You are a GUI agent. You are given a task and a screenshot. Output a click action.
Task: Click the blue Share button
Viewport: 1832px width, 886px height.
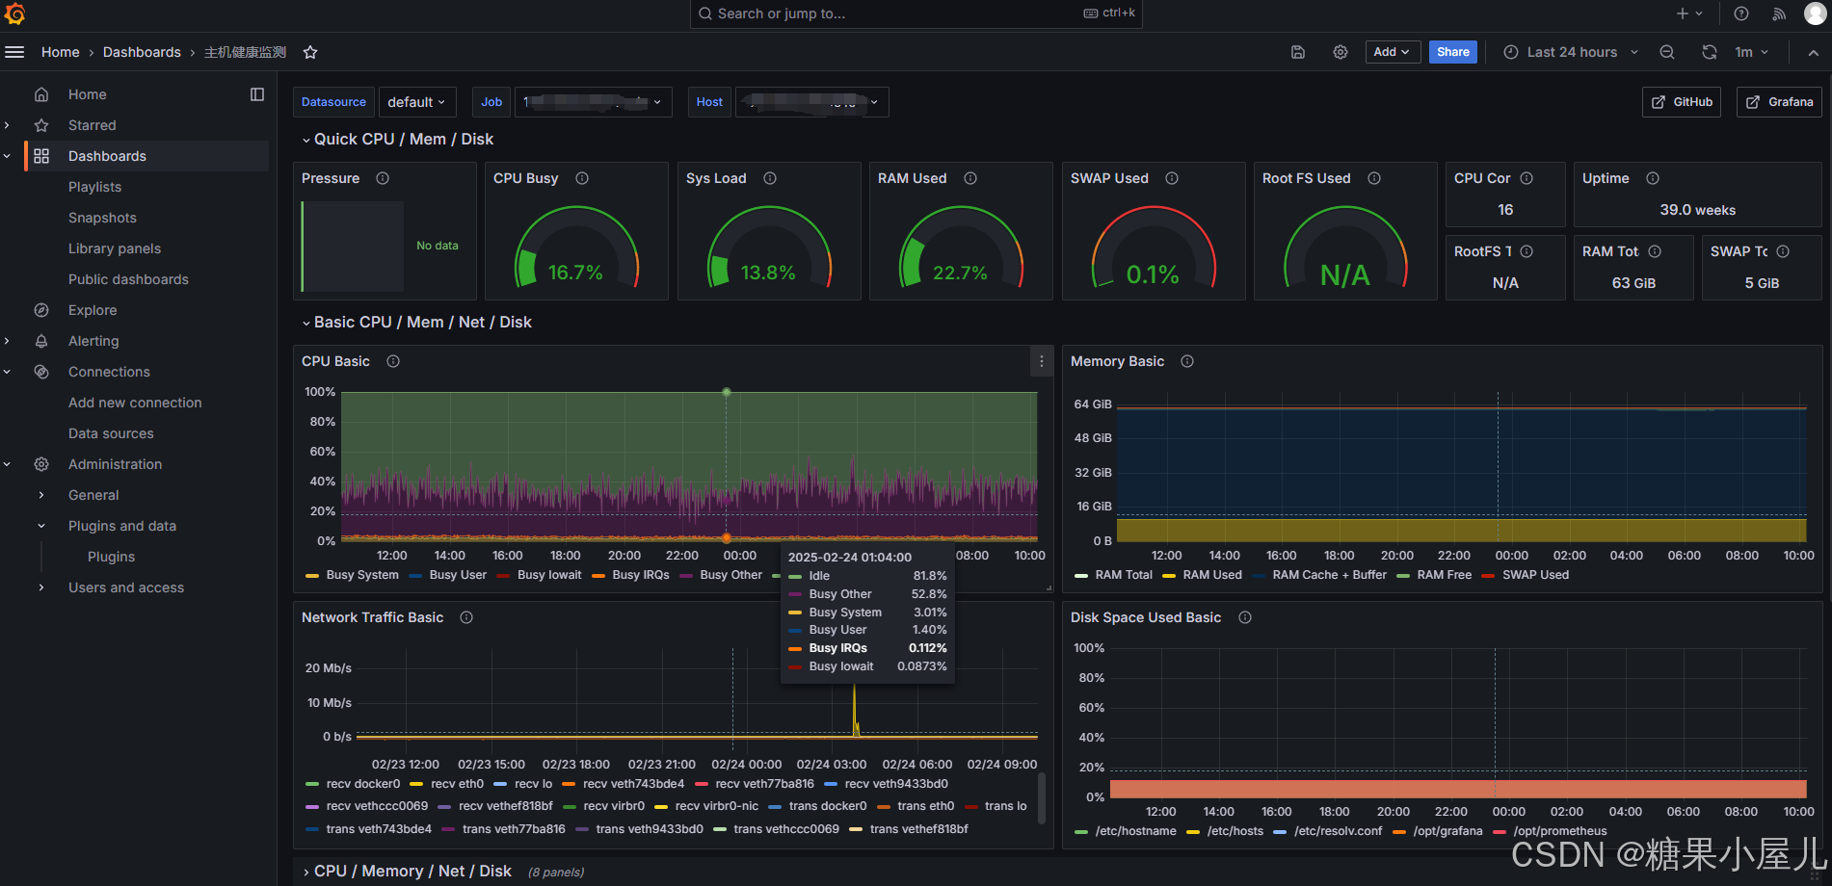[1452, 52]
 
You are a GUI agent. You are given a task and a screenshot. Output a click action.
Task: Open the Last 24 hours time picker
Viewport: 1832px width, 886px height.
[1571, 52]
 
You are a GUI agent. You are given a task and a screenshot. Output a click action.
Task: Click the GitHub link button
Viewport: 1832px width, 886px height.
[1682, 102]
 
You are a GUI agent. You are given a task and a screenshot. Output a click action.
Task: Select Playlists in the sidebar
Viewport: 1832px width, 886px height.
[94, 187]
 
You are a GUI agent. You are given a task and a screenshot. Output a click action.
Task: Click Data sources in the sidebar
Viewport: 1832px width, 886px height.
[111, 433]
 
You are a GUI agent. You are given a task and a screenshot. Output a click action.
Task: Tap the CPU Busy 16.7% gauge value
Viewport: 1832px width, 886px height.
[575, 273]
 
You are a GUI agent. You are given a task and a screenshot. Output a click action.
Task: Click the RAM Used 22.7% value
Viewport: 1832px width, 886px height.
[960, 273]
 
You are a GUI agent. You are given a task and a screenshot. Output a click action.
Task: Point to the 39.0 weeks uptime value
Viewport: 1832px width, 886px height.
[1697, 210]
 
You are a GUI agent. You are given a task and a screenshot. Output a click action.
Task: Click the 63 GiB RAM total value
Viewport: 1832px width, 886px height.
[1633, 283]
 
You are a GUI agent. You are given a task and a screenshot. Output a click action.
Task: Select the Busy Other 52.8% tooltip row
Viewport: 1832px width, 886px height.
[866, 594]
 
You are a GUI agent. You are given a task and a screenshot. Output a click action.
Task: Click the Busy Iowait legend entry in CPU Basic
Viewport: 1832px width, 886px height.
[548, 575]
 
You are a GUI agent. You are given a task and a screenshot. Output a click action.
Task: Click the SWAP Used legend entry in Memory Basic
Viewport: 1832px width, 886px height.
[1534, 575]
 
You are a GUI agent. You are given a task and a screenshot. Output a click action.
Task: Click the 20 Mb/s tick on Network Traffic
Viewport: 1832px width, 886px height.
[328, 668]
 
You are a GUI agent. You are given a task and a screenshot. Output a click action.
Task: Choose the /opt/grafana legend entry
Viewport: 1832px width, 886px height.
[1447, 831]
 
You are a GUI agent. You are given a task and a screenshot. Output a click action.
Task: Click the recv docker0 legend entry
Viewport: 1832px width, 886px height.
[362, 784]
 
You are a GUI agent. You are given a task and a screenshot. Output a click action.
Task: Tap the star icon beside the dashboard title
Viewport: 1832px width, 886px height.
[310, 52]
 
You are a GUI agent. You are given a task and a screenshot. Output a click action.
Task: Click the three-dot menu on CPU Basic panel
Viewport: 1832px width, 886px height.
[1041, 361]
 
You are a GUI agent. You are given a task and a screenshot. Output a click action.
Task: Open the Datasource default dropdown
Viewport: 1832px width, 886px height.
[416, 102]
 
